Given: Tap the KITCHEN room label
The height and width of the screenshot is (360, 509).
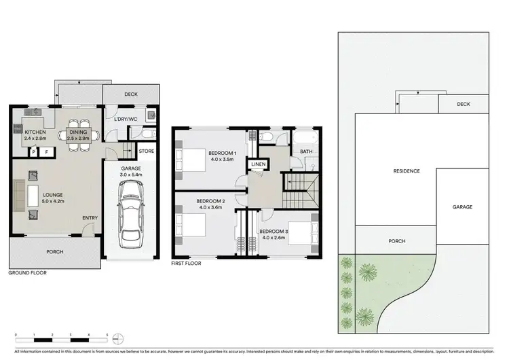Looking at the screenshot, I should [35, 132].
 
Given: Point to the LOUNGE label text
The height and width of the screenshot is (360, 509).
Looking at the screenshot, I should [35, 194].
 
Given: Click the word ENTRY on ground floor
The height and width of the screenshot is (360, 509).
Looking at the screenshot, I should [90, 218].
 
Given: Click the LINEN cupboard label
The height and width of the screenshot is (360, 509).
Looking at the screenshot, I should [258, 164].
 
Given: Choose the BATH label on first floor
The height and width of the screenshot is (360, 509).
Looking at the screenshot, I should [307, 151].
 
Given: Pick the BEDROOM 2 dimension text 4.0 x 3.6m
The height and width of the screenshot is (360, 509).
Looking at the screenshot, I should [210, 208].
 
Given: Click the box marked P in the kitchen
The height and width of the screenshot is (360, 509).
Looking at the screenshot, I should [33, 153].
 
